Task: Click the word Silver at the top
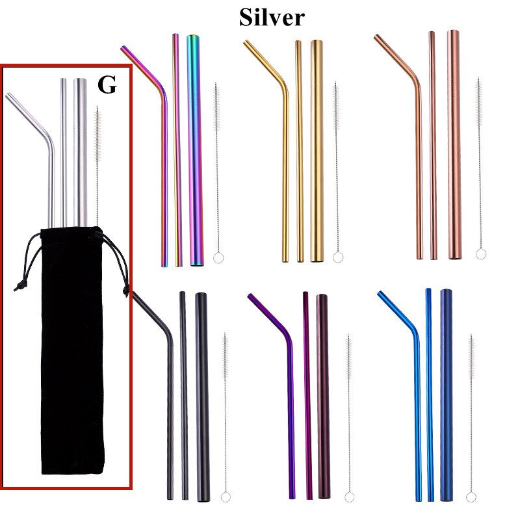271,17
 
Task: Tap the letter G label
107,85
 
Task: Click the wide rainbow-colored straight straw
196,149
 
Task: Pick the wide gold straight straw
317,149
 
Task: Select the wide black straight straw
203,396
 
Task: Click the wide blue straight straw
447,396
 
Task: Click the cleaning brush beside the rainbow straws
217,169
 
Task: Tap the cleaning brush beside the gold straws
337,169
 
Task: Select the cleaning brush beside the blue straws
471,416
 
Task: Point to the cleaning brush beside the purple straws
348,416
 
